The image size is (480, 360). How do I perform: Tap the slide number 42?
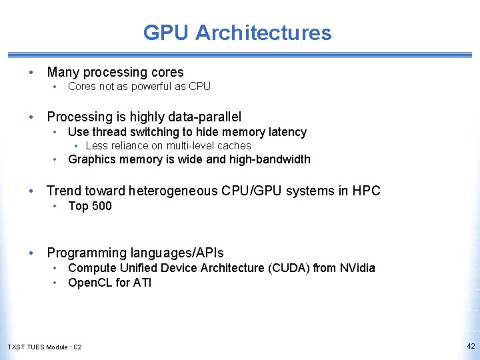click(471, 346)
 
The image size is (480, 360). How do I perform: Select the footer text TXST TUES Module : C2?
click(45, 347)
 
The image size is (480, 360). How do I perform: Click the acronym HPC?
click(366, 191)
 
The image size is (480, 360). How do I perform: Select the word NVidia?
click(357, 268)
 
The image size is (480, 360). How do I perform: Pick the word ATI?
click(143, 283)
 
